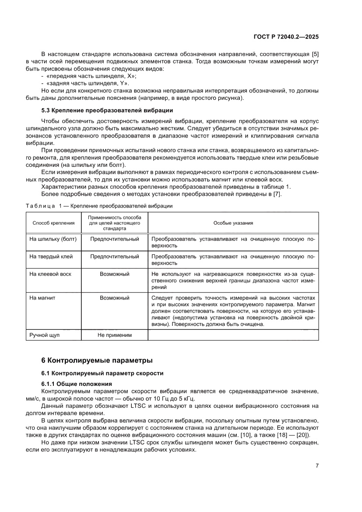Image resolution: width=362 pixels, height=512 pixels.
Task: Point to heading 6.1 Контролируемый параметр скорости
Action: [x=102, y=373]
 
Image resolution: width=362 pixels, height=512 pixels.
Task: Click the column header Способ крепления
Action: [x=53, y=223]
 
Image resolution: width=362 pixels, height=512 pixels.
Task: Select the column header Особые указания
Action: [x=233, y=223]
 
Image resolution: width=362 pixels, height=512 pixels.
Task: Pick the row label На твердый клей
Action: [x=51, y=256]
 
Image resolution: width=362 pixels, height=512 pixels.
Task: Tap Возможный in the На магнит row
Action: [x=114, y=297]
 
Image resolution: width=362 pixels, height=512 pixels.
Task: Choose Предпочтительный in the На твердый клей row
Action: [x=114, y=256]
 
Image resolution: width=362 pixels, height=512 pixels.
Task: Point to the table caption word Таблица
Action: [x=40, y=206]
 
